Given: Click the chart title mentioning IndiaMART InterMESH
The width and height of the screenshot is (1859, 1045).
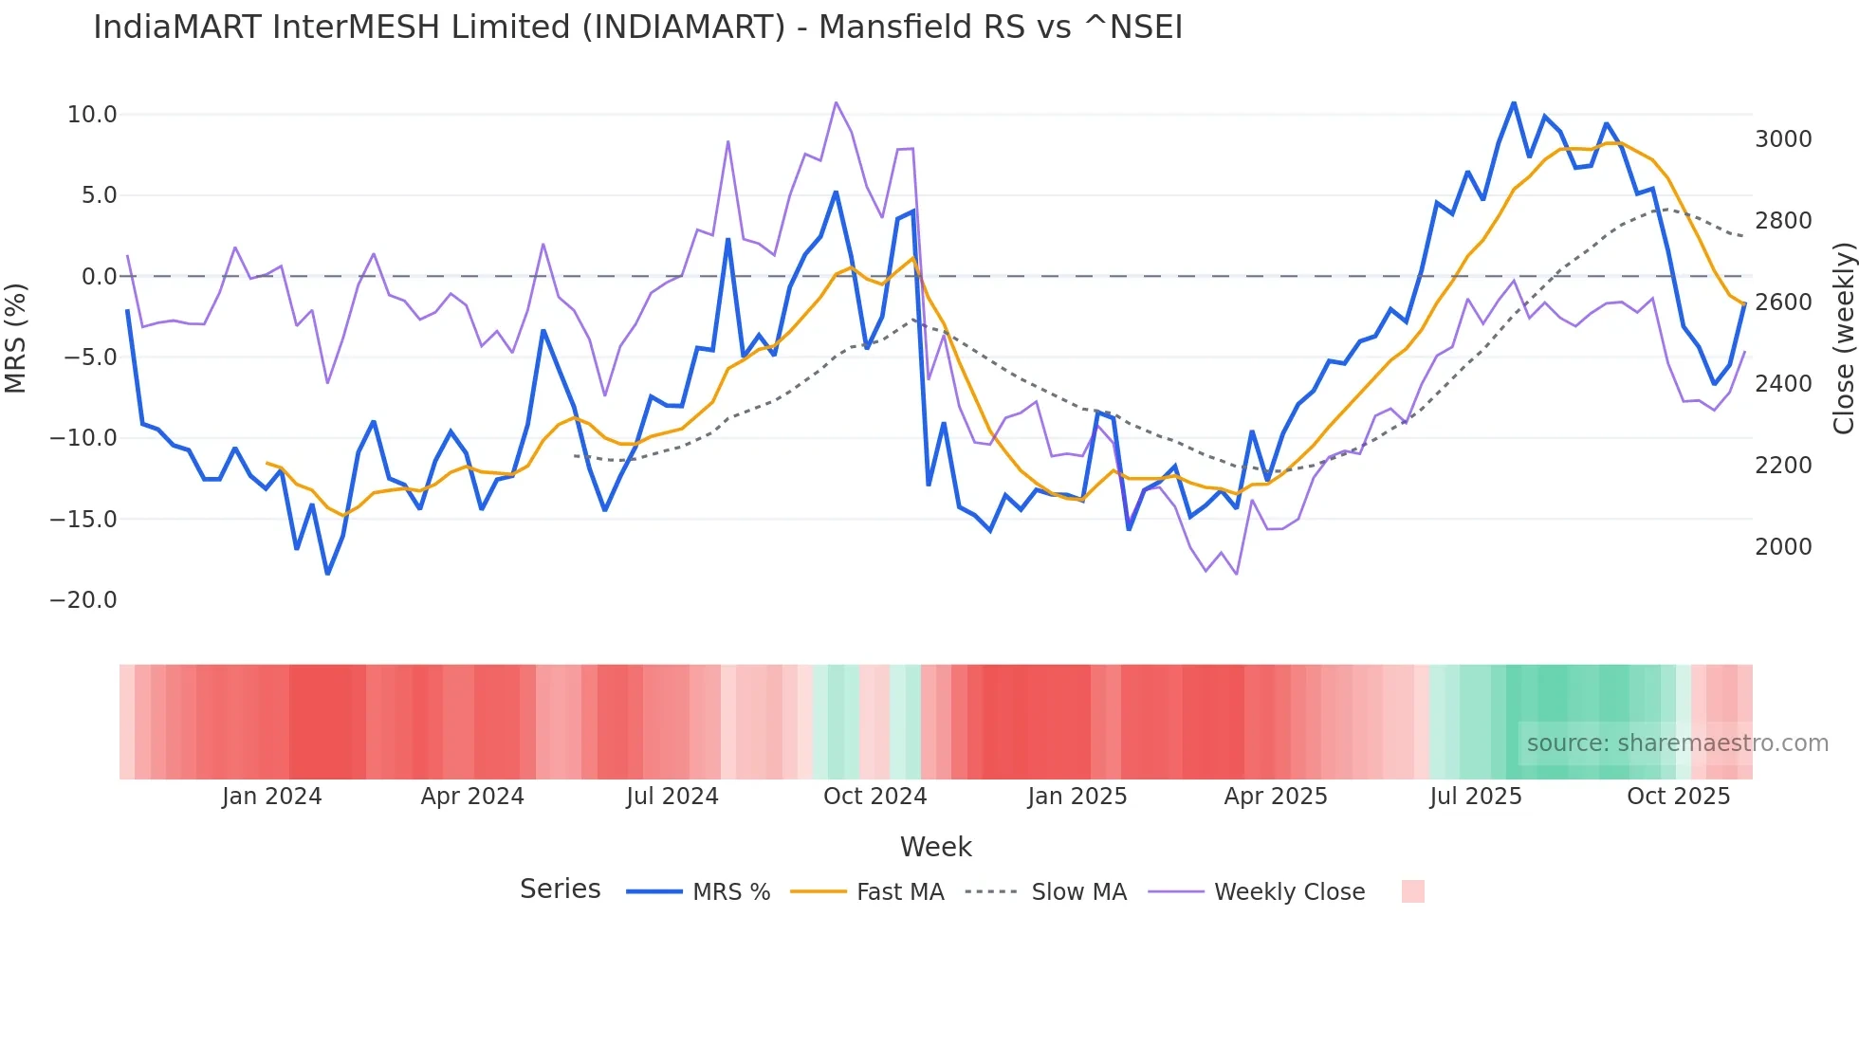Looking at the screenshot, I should click(x=637, y=27).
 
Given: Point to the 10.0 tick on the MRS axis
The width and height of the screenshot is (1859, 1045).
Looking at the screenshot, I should click(x=92, y=115).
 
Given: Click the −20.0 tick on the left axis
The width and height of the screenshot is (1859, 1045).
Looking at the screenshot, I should click(x=83, y=600).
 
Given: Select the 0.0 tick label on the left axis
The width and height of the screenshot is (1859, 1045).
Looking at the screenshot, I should click(x=99, y=277).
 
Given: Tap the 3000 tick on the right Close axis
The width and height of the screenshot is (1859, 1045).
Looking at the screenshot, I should click(x=1783, y=139).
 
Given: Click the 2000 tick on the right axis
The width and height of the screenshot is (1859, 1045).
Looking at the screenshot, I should click(x=1783, y=547).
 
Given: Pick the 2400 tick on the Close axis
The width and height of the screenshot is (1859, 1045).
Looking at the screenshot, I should click(x=1783, y=384).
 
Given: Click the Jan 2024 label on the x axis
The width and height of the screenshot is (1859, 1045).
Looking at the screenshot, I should click(x=272, y=797).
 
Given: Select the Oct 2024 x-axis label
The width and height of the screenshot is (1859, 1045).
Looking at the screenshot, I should click(x=874, y=797).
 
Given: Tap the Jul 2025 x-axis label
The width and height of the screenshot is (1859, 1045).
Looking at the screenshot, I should click(x=1476, y=797).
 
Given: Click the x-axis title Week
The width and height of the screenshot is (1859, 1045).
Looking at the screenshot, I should click(x=935, y=847).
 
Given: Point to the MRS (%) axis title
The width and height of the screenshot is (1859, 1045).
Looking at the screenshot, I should click(x=16, y=338).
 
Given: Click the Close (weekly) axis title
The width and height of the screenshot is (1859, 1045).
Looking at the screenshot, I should click(x=1843, y=339).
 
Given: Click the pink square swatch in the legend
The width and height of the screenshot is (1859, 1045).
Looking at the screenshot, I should click(x=1412, y=891).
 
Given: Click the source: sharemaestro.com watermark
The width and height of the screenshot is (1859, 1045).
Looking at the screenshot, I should click(x=1677, y=743).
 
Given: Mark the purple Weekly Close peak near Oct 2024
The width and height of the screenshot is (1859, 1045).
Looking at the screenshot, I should click(x=836, y=102).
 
